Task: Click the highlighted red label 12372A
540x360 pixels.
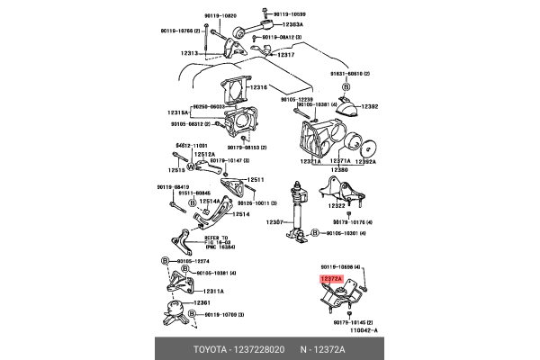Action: (x=331, y=281)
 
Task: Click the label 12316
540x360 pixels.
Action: (x=260, y=87)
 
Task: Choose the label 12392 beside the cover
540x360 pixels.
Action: (x=370, y=107)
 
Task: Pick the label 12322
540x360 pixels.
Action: (x=338, y=206)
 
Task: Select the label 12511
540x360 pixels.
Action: (x=256, y=180)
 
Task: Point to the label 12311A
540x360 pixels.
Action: (x=213, y=292)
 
